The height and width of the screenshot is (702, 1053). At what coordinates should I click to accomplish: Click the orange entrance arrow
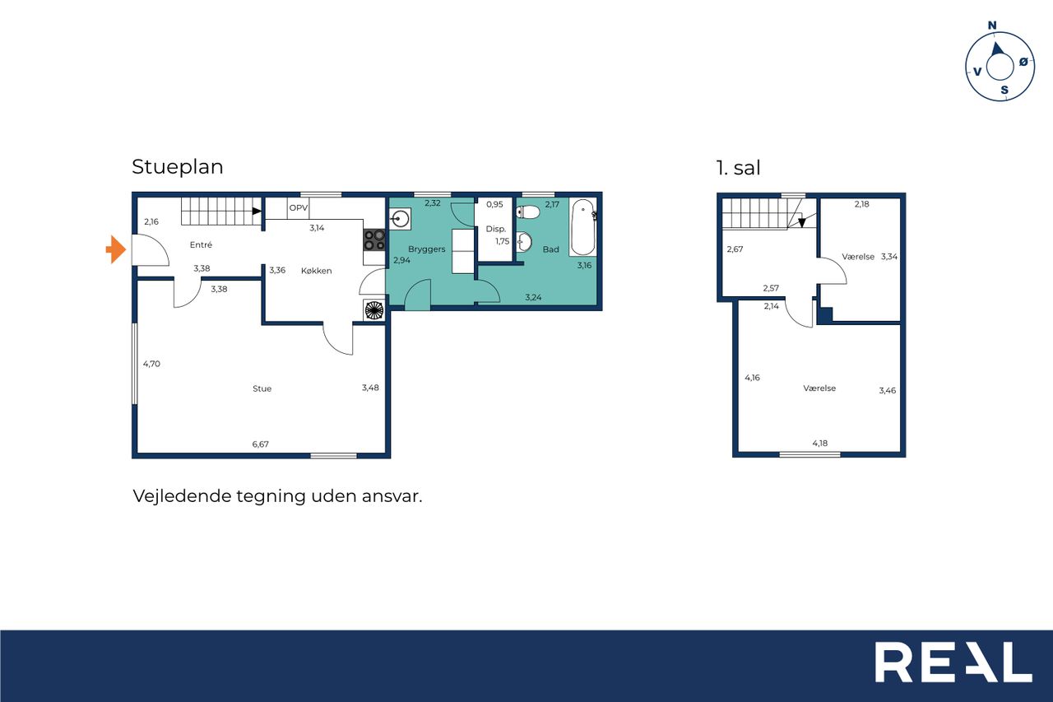(116, 249)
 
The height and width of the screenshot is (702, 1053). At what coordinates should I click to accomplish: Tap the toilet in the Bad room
(527, 212)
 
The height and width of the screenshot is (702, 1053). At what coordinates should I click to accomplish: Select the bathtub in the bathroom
(583, 227)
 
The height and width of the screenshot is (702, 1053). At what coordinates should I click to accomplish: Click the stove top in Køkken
(374, 239)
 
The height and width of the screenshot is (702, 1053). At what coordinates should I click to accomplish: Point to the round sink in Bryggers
(400, 219)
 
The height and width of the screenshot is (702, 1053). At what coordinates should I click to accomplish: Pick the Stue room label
(262, 388)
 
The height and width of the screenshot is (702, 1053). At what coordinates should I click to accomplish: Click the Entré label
(201, 244)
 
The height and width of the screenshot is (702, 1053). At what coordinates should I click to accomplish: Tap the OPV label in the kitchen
(299, 208)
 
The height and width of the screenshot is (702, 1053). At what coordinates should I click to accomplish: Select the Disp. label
(495, 229)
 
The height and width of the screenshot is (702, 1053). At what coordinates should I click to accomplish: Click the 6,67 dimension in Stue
(261, 444)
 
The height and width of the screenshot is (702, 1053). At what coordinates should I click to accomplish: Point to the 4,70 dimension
(151, 364)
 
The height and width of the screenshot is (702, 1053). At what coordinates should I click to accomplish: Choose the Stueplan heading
(177, 167)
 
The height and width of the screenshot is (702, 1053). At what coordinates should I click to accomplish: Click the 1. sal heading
(738, 167)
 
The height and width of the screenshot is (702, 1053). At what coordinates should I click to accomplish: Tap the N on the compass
(992, 26)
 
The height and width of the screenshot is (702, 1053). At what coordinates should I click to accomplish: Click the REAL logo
(953, 662)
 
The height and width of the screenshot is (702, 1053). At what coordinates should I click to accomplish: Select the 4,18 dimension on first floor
(820, 444)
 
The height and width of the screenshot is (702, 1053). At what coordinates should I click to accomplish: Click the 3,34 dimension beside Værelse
(889, 257)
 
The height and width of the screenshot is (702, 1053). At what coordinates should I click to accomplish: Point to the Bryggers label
(426, 249)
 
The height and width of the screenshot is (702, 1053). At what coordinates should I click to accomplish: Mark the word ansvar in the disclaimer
(392, 496)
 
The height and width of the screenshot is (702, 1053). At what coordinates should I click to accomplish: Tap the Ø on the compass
(1023, 61)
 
